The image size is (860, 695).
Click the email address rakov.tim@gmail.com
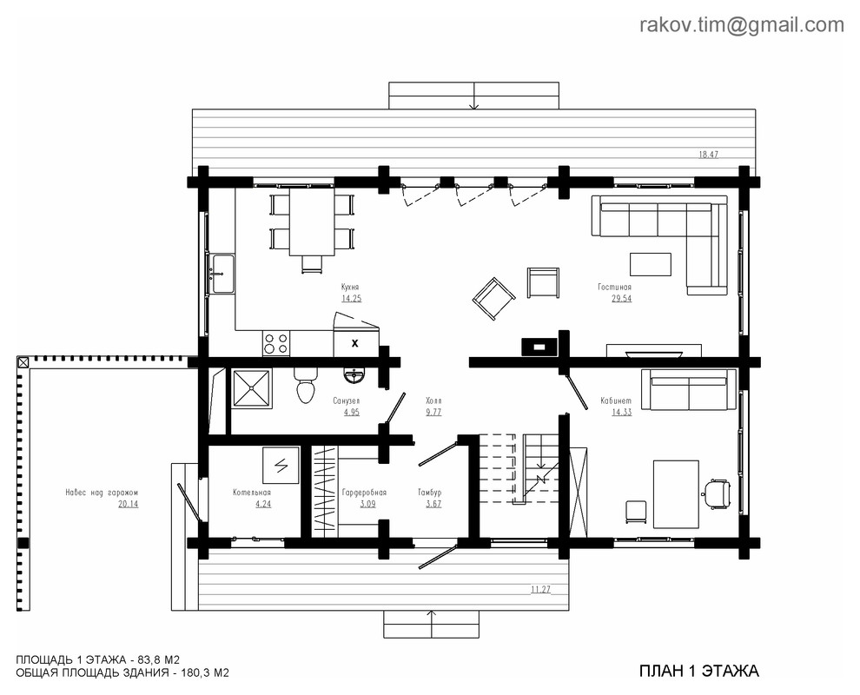(x=742, y=25)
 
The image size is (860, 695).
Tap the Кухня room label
(x=350, y=287)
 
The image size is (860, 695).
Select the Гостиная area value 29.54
(x=621, y=298)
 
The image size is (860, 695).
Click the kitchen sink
(x=222, y=273)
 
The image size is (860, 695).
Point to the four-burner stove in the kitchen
(x=276, y=343)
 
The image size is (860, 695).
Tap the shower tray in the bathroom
(x=252, y=389)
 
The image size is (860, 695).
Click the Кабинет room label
(x=616, y=401)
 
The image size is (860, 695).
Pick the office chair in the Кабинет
(x=717, y=492)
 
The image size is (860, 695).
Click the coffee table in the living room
(x=651, y=264)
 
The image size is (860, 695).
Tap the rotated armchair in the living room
(x=493, y=298)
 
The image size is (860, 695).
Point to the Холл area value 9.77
(x=433, y=412)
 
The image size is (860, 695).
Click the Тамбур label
(x=429, y=493)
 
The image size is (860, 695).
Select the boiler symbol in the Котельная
(x=281, y=465)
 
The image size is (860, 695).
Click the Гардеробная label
(x=364, y=493)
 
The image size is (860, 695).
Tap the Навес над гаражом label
(x=102, y=493)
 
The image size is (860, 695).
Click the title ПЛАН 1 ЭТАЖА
(x=699, y=671)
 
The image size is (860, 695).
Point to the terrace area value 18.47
(x=708, y=155)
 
